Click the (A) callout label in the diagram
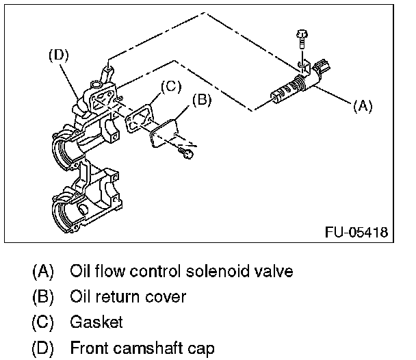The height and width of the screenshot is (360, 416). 363,106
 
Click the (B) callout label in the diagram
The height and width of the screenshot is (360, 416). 201,100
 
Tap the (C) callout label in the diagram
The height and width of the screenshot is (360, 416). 170,86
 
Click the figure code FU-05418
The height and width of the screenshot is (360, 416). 356,233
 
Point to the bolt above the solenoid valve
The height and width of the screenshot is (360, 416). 302,39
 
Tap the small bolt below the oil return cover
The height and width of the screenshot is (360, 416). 185,155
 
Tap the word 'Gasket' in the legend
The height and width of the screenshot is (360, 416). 96,322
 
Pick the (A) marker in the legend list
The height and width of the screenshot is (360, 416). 42,272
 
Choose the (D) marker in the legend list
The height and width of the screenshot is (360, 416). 42,348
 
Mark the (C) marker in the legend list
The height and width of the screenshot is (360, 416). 42,322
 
